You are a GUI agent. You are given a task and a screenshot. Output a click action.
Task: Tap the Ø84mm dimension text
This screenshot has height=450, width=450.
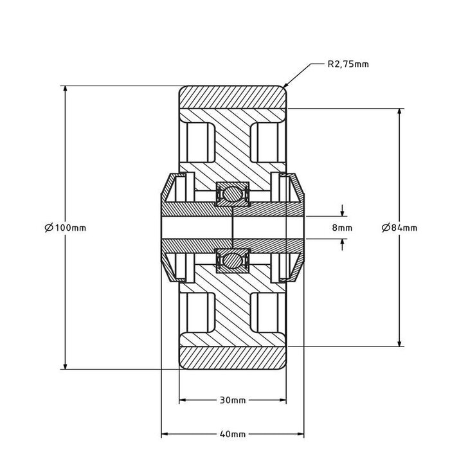click(x=399, y=228)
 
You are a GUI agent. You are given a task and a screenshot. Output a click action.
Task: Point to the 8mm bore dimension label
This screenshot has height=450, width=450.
click(x=342, y=228)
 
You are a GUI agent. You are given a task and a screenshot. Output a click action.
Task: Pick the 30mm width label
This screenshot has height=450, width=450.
click(x=232, y=400)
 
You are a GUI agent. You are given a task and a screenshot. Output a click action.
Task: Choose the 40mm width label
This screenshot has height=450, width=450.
click(x=232, y=433)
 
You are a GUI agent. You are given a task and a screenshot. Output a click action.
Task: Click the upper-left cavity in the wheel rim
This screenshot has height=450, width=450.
click(x=197, y=139)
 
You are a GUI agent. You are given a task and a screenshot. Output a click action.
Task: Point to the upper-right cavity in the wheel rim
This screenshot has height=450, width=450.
click(x=267, y=139)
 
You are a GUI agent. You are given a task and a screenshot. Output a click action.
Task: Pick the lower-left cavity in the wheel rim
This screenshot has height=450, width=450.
click(x=197, y=314)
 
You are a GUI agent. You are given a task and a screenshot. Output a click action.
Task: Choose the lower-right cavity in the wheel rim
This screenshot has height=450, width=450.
click(x=267, y=314)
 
